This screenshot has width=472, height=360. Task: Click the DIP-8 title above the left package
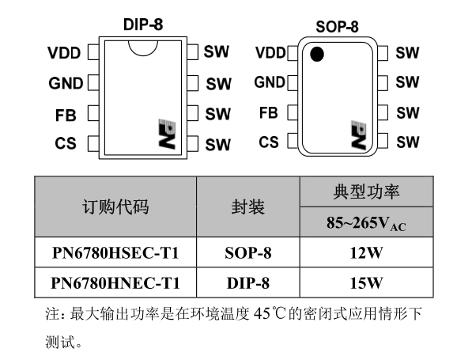tap(143, 25)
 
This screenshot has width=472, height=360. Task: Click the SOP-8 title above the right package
tap(337, 27)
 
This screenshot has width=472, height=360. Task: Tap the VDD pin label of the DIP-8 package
tap(64, 53)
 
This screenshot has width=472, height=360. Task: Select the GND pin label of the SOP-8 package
tap(270, 82)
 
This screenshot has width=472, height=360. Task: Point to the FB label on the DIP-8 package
tap(66, 116)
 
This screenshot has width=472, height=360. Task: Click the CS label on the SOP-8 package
tap(269, 142)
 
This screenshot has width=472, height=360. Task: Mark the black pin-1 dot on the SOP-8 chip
tap(317, 55)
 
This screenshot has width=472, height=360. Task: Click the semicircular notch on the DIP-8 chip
tap(143, 52)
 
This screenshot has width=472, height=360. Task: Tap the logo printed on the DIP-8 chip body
tap(167, 134)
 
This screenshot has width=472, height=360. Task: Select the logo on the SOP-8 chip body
tap(359, 135)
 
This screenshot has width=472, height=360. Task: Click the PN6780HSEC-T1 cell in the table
tap(115, 252)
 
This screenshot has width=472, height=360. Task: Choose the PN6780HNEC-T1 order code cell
tap(115, 283)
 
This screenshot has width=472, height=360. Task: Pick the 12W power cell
tap(366, 252)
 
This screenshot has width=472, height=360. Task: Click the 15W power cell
tap(366, 283)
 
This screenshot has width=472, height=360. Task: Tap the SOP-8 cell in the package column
tap(248, 252)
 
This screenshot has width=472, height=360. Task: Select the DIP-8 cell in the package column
tap(248, 283)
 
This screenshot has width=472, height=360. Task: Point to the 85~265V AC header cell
tap(366, 223)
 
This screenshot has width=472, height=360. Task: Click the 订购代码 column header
tap(115, 207)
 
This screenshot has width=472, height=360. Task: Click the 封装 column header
tap(248, 207)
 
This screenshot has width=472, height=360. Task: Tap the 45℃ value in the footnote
tap(270, 313)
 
